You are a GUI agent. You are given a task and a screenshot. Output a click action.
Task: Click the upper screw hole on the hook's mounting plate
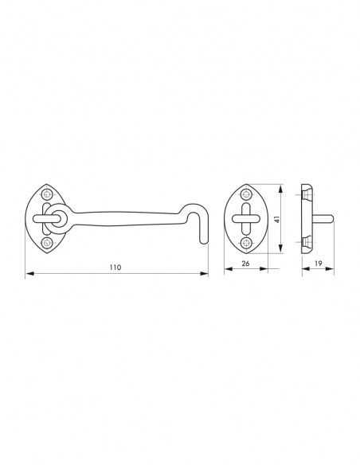pos(47,194)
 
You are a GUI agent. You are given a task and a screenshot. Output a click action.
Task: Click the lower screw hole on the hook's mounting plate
pos(47,241)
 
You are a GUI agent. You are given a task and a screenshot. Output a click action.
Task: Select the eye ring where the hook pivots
pos(55,218)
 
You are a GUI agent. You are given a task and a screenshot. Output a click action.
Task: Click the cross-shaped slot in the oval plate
pos(246,218)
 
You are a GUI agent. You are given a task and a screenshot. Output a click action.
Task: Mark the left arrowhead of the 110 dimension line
pos(28,274)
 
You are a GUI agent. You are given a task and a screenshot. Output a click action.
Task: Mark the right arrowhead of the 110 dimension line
pos(206,274)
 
